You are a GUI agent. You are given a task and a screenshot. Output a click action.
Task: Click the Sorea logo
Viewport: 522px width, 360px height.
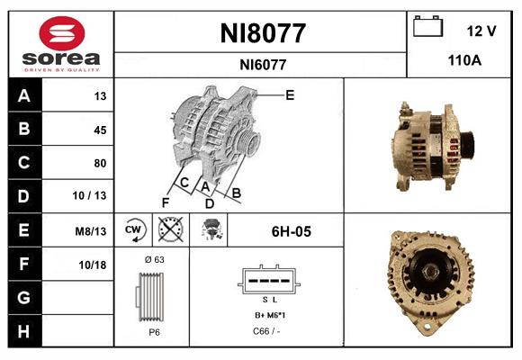(x=59, y=45)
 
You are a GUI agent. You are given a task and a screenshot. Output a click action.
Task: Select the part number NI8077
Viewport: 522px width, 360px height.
(x=263, y=34)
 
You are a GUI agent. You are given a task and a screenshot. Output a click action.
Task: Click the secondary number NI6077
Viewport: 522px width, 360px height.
(x=263, y=65)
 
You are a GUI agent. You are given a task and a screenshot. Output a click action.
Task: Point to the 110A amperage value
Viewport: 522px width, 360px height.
(x=465, y=60)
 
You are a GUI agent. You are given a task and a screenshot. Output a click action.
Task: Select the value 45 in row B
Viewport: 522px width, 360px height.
(x=99, y=130)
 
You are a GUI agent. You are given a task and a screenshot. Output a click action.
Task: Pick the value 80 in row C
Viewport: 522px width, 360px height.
(x=99, y=163)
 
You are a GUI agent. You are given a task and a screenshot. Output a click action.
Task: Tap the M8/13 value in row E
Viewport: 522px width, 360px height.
(x=92, y=230)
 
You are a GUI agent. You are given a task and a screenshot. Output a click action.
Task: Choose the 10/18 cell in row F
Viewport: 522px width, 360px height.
(x=94, y=264)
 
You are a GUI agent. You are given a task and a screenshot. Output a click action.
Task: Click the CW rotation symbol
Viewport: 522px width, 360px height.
(x=134, y=230)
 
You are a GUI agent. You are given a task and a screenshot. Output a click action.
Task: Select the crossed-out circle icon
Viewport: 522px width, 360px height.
(x=169, y=230)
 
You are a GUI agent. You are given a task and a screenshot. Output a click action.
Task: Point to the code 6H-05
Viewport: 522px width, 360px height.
(x=291, y=231)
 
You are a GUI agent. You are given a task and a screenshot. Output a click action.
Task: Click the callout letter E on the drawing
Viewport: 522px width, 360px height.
(x=289, y=94)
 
